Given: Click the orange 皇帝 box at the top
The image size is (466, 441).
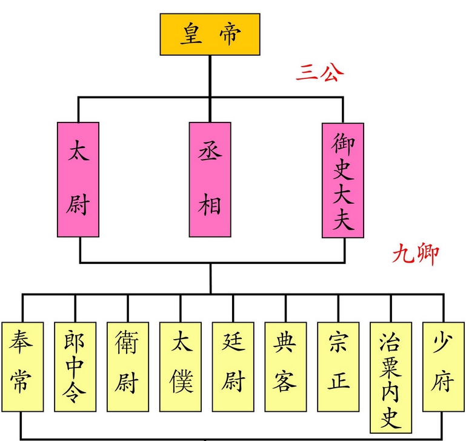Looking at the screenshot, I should click(210, 34).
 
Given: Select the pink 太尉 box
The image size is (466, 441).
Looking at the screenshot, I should click(78, 179).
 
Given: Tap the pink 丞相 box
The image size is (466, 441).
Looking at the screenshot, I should click(210, 179).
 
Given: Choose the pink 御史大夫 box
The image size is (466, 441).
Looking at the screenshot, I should click(342, 179).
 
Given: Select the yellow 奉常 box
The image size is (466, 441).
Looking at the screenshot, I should click(22, 366).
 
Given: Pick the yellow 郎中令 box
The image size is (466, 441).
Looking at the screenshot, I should click(75, 366).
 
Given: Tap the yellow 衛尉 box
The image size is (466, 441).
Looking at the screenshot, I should click(127, 366).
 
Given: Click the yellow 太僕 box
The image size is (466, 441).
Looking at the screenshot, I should click(180, 366).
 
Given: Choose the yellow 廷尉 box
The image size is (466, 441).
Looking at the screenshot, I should click(233, 366).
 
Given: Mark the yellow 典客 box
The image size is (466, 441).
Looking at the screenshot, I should click(285, 366).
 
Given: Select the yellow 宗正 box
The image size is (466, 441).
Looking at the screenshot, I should click(338, 366).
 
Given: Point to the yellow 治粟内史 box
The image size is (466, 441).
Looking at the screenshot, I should click(391, 376).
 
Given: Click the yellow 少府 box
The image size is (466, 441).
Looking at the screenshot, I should click(442, 366).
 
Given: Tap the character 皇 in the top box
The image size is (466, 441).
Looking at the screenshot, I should click(191, 35).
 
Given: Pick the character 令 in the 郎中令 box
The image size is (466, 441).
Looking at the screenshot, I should click(75, 394).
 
